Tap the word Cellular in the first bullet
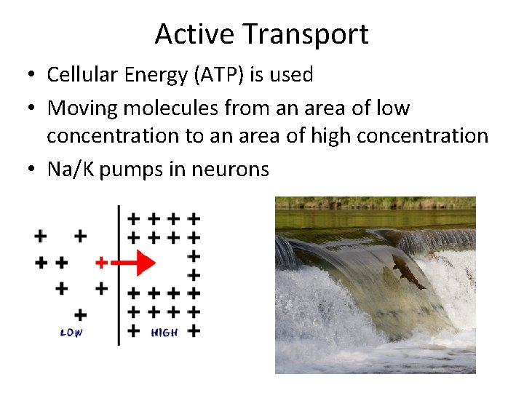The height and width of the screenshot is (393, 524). click(76, 74)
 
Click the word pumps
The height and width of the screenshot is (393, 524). click(122, 170)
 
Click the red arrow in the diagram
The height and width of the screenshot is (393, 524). click(138, 262)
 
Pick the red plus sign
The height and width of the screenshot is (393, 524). click(101, 262)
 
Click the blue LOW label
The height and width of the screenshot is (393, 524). click(71, 333)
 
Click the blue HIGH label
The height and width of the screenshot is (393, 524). click(164, 333)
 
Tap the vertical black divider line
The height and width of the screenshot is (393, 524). click(119, 306)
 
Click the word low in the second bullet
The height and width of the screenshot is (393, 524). click(394, 108)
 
